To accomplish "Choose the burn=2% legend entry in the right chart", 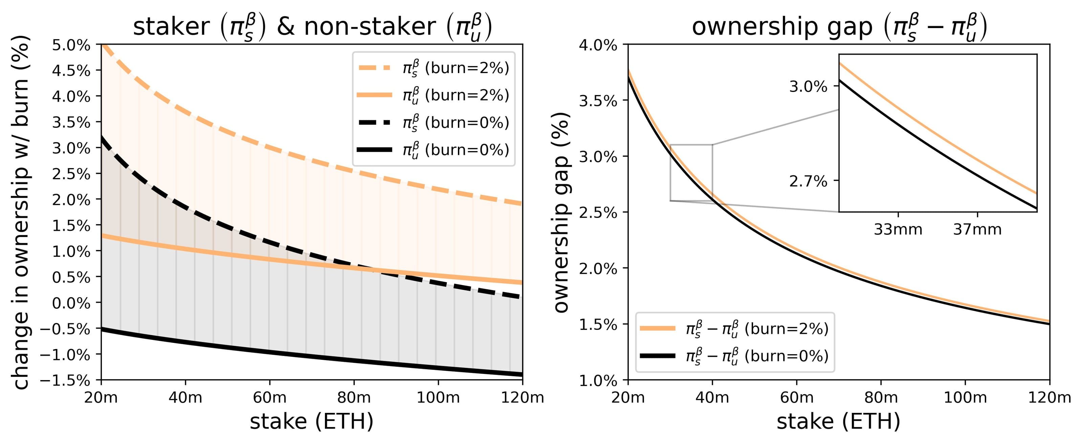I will pos(734,328).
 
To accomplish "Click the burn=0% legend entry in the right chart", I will pos(734,356).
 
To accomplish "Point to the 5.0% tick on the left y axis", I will pos(71,45).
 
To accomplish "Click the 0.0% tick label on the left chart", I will pos(71,303).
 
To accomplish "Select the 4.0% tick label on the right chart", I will pos(598,45).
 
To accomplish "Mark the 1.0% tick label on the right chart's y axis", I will pos(598,380).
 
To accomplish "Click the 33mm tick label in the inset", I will pos(898,229).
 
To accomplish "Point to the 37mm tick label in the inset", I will pos(977,229).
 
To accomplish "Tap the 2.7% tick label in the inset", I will pos(808,182).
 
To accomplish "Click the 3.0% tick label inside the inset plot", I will pos(808,87).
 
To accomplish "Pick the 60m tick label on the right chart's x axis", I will pos(797,397).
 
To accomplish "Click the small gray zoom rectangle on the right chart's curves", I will pos(691,173).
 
